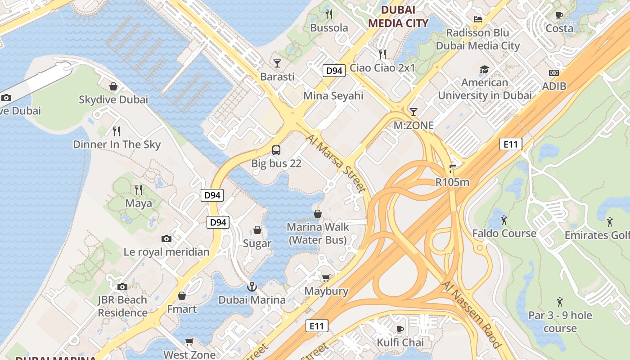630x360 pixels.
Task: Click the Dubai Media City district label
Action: coord(398,16)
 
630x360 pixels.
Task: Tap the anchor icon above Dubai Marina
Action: coord(252,286)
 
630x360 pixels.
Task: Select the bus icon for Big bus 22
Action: coord(276,150)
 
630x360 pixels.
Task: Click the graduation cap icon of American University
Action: coord(484,69)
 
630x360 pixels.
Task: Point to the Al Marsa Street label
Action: coord(336,164)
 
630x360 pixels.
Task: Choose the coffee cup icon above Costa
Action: coord(559,15)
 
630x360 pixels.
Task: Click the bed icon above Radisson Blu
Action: coord(478,19)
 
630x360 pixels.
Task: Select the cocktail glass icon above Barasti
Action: coord(277,63)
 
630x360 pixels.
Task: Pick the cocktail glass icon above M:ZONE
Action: coord(414,112)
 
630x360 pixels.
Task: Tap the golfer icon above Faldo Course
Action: coord(504,220)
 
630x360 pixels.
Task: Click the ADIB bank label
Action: coord(554,86)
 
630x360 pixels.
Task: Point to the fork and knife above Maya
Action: coord(139,190)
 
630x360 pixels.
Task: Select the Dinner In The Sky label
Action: coord(117,144)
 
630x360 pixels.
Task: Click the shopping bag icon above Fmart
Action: coord(182,296)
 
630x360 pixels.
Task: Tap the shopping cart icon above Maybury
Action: coord(326,278)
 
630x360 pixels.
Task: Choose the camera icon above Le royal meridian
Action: coord(166,238)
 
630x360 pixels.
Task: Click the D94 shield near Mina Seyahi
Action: coord(334,71)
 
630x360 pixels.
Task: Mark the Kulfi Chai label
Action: coord(400,342)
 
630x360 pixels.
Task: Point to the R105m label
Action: coord(452,182)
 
